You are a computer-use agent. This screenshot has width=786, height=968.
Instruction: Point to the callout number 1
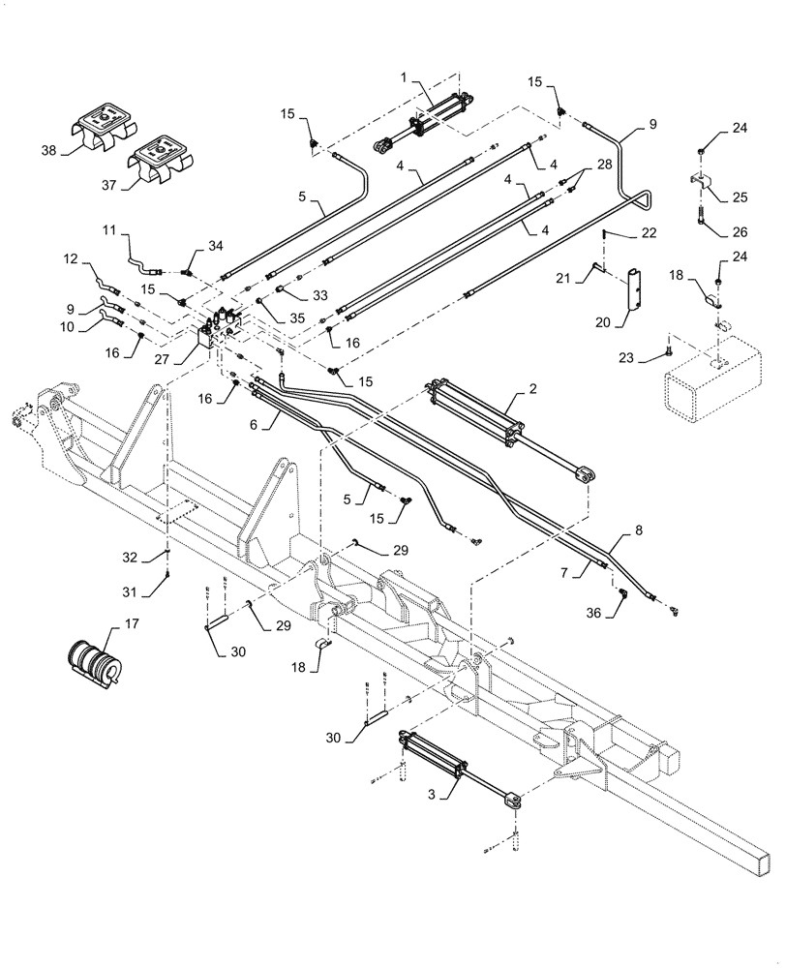405,76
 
